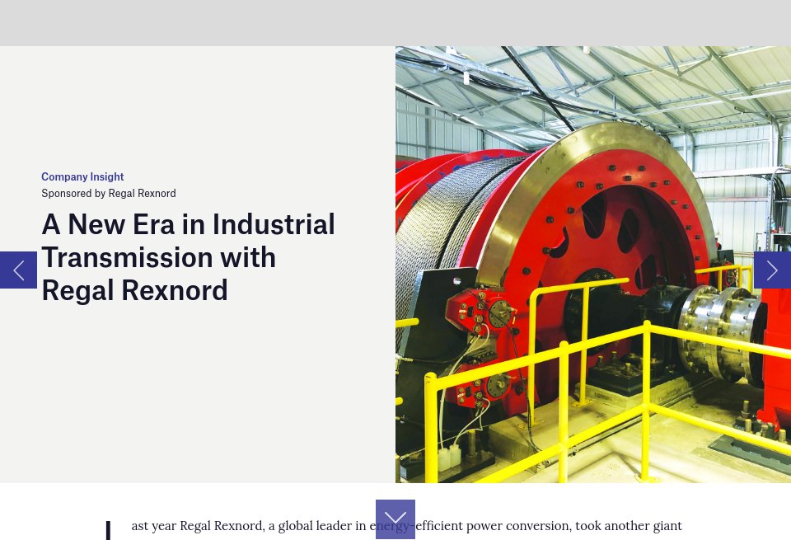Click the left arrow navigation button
point(18,270)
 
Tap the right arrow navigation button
point(772,270)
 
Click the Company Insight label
point(82,176)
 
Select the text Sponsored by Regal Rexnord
point(109,193)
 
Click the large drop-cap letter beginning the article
point(108,530)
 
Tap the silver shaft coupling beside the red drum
point(717,330)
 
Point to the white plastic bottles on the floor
point(449,456)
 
